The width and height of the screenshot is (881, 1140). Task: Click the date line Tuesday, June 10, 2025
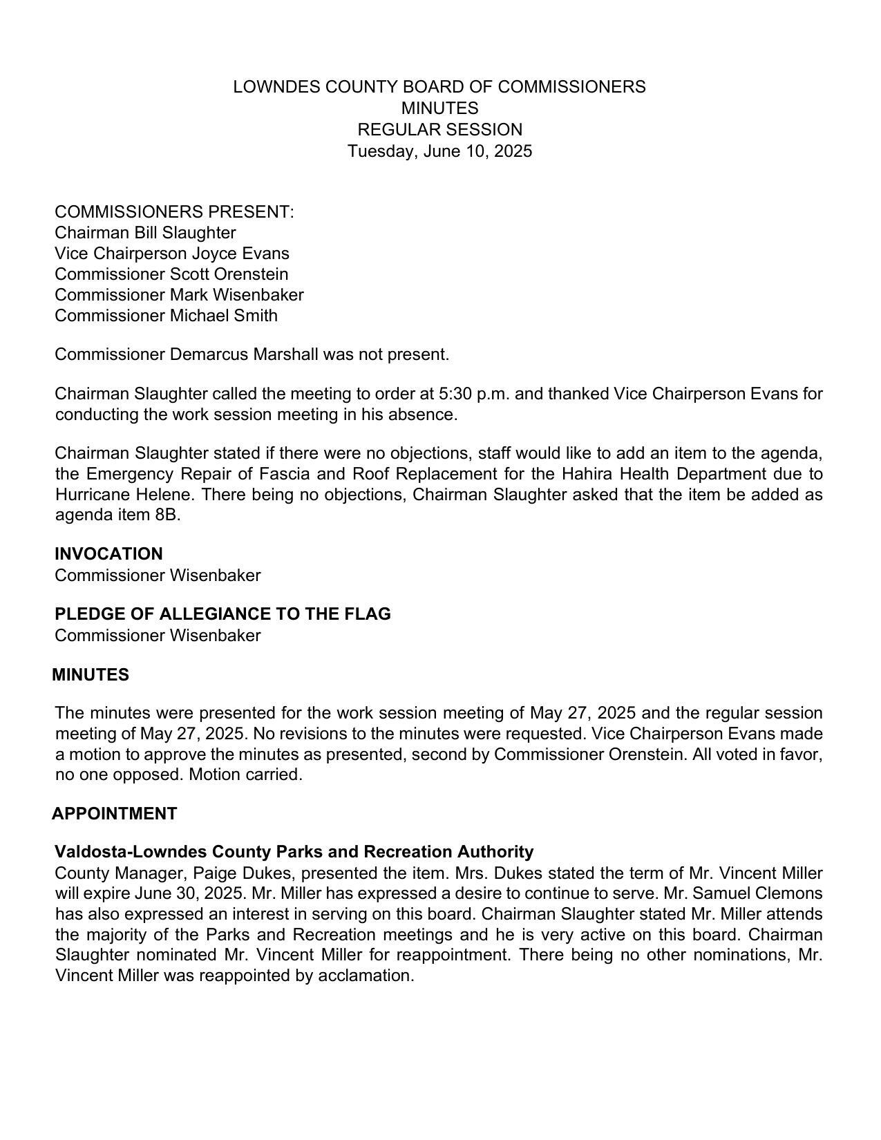439,151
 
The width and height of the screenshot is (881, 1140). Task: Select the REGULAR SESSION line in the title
439,130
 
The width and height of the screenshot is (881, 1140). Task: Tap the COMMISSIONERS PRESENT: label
174,212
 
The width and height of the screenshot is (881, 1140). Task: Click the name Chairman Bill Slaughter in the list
145,233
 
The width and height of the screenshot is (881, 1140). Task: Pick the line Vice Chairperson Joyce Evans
171,254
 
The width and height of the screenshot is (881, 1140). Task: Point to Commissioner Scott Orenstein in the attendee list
171,274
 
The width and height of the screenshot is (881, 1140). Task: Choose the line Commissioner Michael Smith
166,316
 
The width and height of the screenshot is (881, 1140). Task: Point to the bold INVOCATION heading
108,554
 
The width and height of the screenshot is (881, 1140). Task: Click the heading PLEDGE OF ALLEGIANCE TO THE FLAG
222,614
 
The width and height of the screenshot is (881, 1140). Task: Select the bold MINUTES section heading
91,675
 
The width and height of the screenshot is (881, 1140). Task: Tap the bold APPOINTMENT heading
115,814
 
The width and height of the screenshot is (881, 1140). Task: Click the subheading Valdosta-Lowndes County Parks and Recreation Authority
294,852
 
